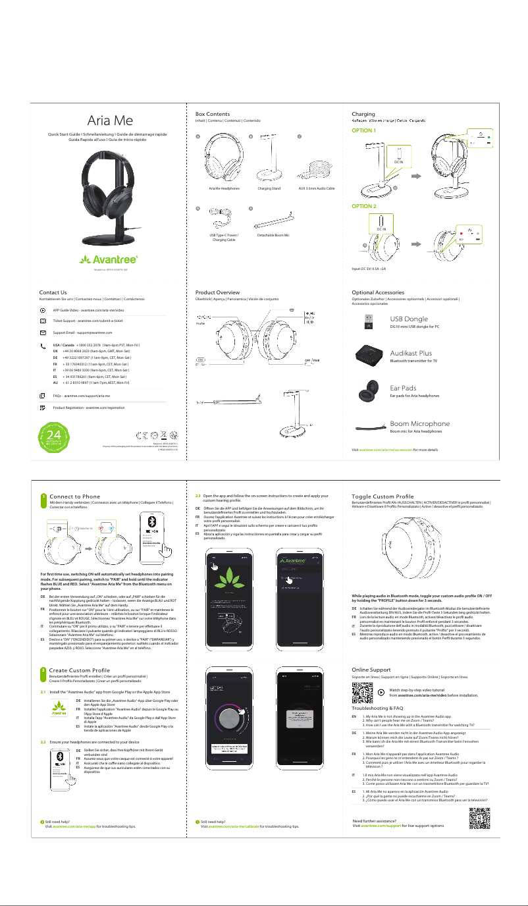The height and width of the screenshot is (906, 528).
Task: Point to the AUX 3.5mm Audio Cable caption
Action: point(316,189)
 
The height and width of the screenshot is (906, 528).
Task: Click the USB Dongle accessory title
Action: point(409,319)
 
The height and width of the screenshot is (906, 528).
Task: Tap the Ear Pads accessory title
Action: point(404,388)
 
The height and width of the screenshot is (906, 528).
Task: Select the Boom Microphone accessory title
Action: point(420,423)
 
